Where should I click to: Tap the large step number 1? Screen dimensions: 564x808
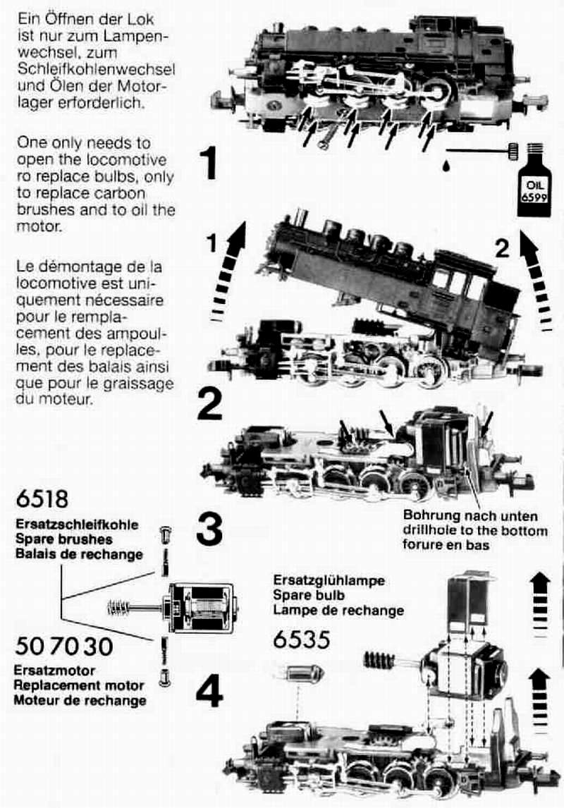pos(209,164)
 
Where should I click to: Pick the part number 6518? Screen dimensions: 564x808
pos(42,498)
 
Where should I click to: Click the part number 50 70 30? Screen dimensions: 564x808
pos(64,647)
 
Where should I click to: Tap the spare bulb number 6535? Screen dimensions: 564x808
pos(301,639)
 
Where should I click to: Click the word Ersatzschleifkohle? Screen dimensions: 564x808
pos(78,525)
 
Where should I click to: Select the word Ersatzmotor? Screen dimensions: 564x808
pos(54,671)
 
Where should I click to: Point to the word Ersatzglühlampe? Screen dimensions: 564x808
pos(329,580)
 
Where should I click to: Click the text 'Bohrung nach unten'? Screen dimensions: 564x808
pos(470,516)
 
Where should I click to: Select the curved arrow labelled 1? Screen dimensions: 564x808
pos(228,273)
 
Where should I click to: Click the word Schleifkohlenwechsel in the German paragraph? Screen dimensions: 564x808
pos(97,69)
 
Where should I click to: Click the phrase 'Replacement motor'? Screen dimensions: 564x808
pos(79,685)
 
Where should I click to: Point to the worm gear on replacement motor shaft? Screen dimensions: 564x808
pos(119,608)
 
